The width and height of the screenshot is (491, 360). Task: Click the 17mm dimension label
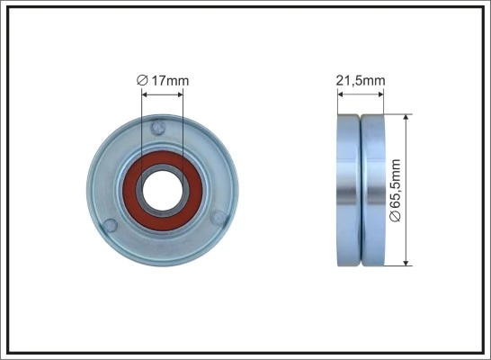(168, 81)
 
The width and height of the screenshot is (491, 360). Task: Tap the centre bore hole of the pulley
(163, 189)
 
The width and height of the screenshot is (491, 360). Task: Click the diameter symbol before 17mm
(142, 81)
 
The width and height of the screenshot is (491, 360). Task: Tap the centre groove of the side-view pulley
(360, 189)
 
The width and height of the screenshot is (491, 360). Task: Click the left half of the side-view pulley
(348, 189)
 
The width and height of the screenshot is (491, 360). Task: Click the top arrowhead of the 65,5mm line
(407, 118)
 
